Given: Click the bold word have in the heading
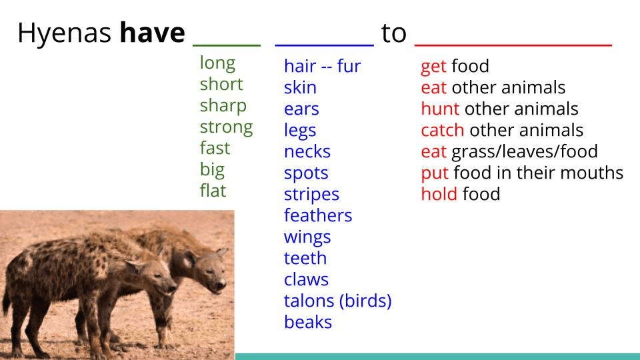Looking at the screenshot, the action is (152, 33).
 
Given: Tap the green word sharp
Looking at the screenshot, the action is (223, 106).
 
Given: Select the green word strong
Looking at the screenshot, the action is (226, 127).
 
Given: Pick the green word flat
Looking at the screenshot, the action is (213, 190).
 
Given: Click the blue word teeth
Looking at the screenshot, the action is (305, 258).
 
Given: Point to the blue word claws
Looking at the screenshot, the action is (306, 279).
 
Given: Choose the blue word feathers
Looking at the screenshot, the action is (318, 215).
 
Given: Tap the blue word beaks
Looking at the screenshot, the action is (308, 321).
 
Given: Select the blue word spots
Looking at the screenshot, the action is (306, 173).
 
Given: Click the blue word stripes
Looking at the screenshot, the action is (311, 195).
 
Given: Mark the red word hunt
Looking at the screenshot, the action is (440, 109).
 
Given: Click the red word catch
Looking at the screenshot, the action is (443, 130).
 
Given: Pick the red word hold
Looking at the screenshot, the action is (439, 193).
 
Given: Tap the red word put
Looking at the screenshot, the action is (435, 173).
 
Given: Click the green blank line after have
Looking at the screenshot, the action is (227, 45).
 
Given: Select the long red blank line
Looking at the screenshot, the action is (513, 45).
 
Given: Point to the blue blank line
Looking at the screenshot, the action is (325, 45).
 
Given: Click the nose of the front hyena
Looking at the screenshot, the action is (173, 289).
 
